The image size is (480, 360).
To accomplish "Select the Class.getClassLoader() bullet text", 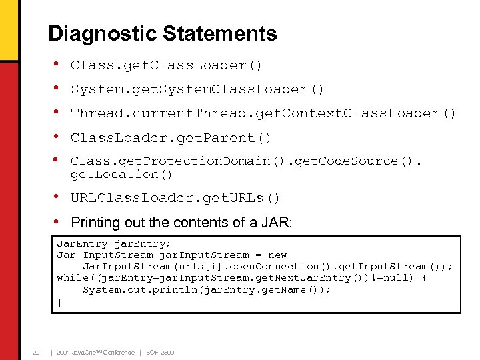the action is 167,65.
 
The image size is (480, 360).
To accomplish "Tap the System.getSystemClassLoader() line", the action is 197,89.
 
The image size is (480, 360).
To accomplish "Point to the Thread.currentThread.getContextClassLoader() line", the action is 263,113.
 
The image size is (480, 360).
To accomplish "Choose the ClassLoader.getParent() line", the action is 171,138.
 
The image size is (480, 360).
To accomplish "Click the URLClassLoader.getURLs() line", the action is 175,198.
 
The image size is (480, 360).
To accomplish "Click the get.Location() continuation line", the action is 122,175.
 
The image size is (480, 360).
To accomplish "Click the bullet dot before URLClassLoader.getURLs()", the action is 58,197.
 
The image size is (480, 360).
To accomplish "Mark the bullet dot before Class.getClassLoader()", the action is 58,64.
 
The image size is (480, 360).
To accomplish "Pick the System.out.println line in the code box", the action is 207,289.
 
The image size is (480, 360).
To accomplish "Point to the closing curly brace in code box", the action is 60,302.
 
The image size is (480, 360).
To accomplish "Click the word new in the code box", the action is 277,255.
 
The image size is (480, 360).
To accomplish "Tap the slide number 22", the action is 37,352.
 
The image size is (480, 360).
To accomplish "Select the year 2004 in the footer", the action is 65,352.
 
